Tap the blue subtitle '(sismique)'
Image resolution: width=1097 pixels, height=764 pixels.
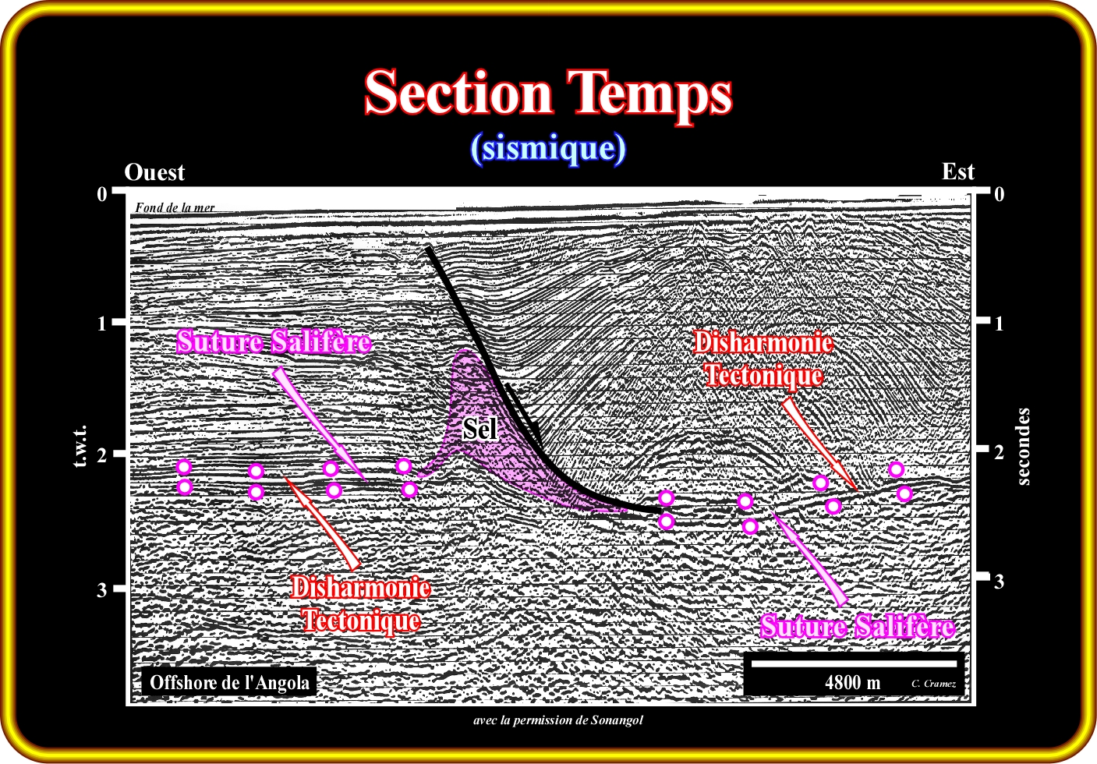[x=549, y=148]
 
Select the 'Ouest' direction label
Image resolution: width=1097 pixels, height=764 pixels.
[x=154, y=172]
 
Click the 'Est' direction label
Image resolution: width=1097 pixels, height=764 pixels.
[x=958, y=172]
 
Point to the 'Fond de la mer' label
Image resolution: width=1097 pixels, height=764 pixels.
[x=175, y=207]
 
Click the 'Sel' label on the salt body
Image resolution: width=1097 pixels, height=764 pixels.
[x=480, y=429]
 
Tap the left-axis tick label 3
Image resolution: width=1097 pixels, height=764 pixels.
[x=101, y=589]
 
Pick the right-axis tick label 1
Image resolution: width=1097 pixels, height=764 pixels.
[x=998, y=324]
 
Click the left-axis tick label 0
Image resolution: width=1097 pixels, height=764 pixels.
[x=102, y=194]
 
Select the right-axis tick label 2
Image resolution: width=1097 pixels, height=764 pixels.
[x=999, y=451]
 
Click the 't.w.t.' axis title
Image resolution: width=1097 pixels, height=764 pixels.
[x=81, y=446]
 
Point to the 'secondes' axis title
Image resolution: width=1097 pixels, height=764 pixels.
[x=1024, y=447]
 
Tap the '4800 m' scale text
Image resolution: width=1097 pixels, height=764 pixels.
[x=853, y=682]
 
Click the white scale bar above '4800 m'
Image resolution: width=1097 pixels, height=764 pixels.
[x=854, y=663]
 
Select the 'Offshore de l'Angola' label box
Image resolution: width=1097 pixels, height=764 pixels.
[x=229, y=682]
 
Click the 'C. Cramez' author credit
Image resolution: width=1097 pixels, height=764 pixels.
[x=933, y=684]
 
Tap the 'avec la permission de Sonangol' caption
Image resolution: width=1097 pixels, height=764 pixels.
[x=557, y=720]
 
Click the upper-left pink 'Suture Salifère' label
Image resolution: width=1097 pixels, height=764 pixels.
[x=274, y=341]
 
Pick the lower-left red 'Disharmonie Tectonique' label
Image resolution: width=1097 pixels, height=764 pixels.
[x=361, y=604]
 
